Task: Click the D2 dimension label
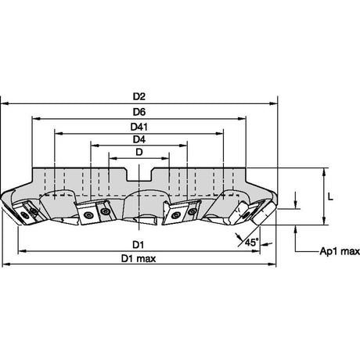(x=139, y=96)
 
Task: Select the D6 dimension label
(x=139, y=112)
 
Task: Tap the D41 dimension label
(x=139, y=127)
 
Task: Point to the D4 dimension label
(x=139, y=139)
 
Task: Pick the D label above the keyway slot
(x=139, y=152)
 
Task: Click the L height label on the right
(x=330, y=196)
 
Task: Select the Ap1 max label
(x=340, y=251)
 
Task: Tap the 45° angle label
(x=251, y=242)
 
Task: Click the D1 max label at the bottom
(x=139, y=258)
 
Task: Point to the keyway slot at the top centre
(x=139, y=175)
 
